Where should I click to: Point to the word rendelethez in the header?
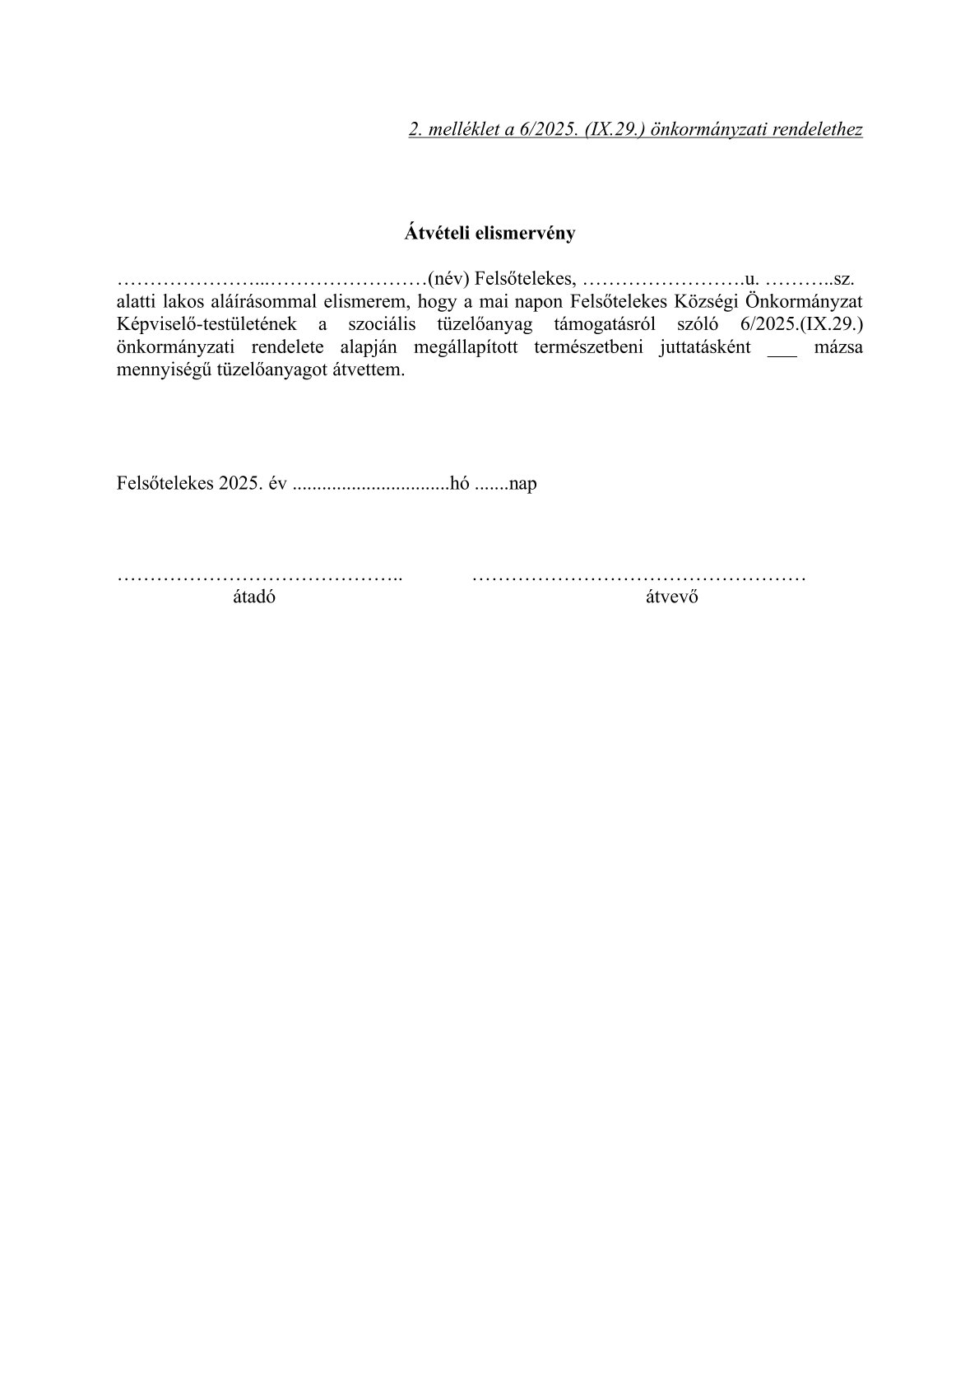(817, 129)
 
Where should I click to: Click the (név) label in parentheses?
(448, 278)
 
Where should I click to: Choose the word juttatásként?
(704, 346)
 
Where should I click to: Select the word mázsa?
(837, 346)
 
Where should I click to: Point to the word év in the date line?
(276, 483)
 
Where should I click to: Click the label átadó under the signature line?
(254, 597)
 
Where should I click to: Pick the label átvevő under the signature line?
(671, 597)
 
